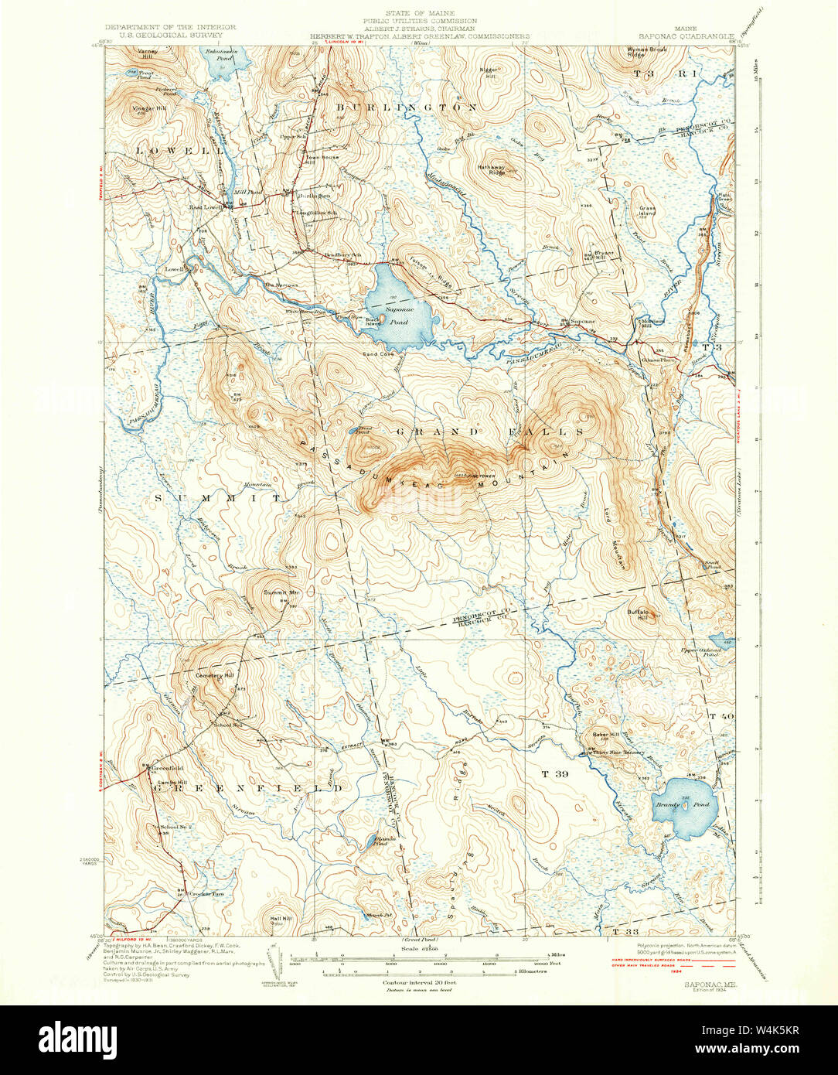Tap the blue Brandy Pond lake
tap(685, 807)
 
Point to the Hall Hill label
tap(281, 918)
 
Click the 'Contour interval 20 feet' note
tap(417, 981)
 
